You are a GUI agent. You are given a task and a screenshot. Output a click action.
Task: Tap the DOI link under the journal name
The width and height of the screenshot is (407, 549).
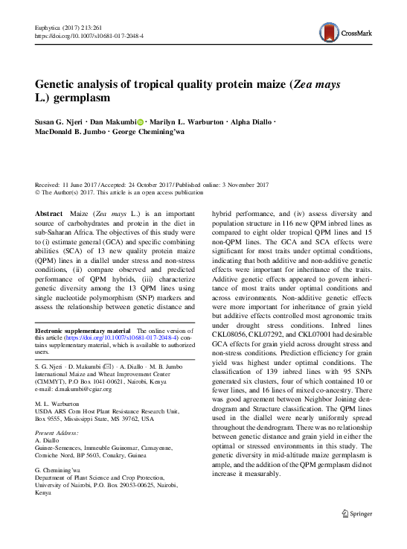(x=89, y=35)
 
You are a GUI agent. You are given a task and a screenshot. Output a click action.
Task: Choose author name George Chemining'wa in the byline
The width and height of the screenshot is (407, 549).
(x=156, y=133)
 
